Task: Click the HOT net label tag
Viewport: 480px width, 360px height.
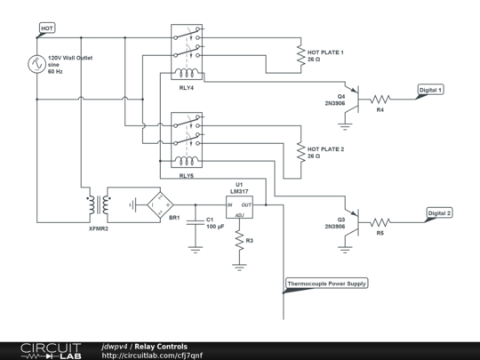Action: pyautogui.click(x=47, y=28)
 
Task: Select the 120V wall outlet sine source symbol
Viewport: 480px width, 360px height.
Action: pyautogui.click(x=37, y=64)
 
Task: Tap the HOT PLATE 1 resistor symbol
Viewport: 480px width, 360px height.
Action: pyautogui.click(x=301, y=55)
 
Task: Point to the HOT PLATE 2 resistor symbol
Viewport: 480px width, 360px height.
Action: pyautogui.click(x=301, y=152)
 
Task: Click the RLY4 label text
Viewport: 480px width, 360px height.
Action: pyautogui.click(x=187, y=88)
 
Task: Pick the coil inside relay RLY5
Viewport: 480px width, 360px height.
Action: pyautogui.click(x=187, y=160)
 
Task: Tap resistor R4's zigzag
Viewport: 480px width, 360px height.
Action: pyautogui.click(x=380, y=100)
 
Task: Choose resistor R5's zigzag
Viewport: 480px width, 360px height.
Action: pyautogui.click(x=380, y=222)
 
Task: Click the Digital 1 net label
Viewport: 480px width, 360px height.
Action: pyautogui.click(x=430, y=90)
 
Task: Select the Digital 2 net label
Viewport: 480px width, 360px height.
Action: pyautogui.click(x=439, y=213)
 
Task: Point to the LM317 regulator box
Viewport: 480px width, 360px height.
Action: pyautogui.click(x=239, y=207)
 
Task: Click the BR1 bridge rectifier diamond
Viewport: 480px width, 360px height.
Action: pyautogui.click(x=160, y=204)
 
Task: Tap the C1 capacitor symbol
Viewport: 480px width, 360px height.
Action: pyautogui.click(x=196, y=222)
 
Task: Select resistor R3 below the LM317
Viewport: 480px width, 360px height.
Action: pyautogui.click(x=239, y=241)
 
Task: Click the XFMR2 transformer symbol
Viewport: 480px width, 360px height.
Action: pyautogui.click(x=99, y=204)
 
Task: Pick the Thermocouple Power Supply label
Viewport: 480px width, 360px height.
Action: pyautogui.click(x=326, y=284)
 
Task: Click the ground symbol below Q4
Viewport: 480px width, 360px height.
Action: pyautogui.click(x=345, y=126)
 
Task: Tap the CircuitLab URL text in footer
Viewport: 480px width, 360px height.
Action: pyautogui.click(x=152, y=356)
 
